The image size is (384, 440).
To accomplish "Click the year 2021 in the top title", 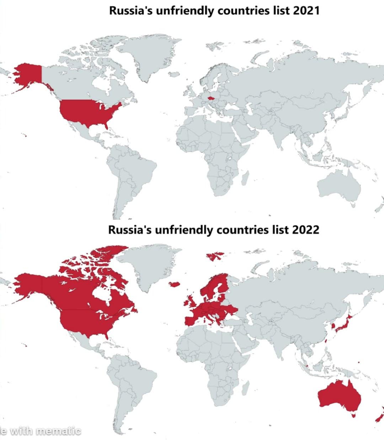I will pyautogui.click(x=306, y=11).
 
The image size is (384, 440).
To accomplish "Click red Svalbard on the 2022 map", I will pyautogui.click(x=215, y=255).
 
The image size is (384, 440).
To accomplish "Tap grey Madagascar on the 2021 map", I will pyautogui.click(x=245, y=177).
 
